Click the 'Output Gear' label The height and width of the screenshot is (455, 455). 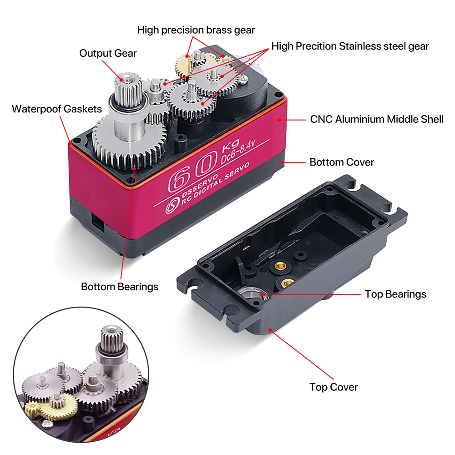(x=108, y=53)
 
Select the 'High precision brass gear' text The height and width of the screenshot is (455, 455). (x=196, y=30)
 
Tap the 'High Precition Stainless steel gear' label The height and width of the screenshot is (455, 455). (x=350, y=46)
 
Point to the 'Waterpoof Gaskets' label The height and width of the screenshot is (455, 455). (x=57, y=109)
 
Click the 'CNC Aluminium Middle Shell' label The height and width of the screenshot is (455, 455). (x=377, y=119)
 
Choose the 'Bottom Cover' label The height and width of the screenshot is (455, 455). (x=342, y=162)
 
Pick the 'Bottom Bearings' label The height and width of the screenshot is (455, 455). (x=120, y=287)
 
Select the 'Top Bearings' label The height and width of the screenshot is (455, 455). (x=395, y=294)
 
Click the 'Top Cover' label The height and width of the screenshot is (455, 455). (x=334, y=387)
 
